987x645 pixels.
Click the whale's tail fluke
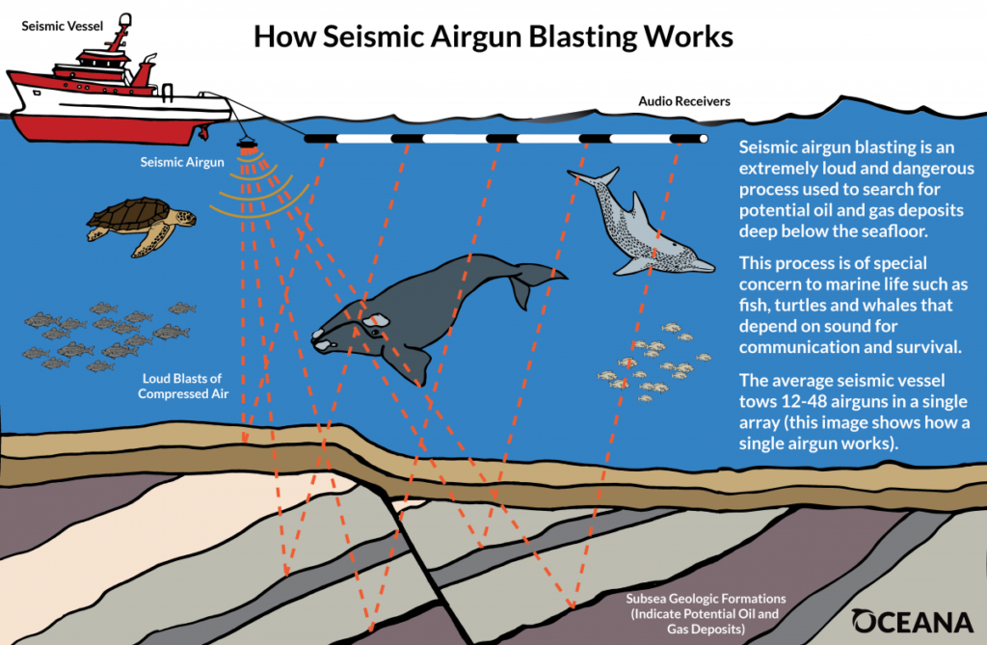pos(536,278)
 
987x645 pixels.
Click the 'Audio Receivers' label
pos(683,101)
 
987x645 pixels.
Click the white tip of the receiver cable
pos(704,139)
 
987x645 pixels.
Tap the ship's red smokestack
pos(146,69)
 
